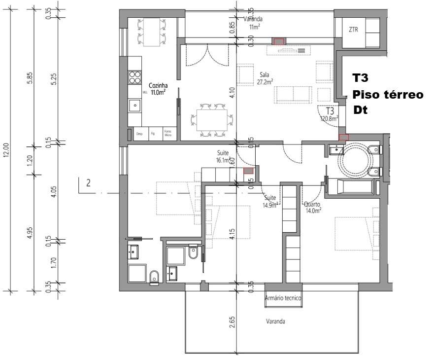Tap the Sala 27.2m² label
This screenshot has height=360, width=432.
point(266,78)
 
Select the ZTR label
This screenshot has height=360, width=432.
point(353,30)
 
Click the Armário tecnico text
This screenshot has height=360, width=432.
point(283,298)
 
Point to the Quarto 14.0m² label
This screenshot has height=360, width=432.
point(313,207)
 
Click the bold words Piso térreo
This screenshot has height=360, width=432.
point(388,94)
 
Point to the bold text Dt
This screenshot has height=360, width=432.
point(361,110)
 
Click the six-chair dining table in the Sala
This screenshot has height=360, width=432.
point(212,119)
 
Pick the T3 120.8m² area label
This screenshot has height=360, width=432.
point(329,114)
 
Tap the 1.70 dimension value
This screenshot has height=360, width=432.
point(55,261)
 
